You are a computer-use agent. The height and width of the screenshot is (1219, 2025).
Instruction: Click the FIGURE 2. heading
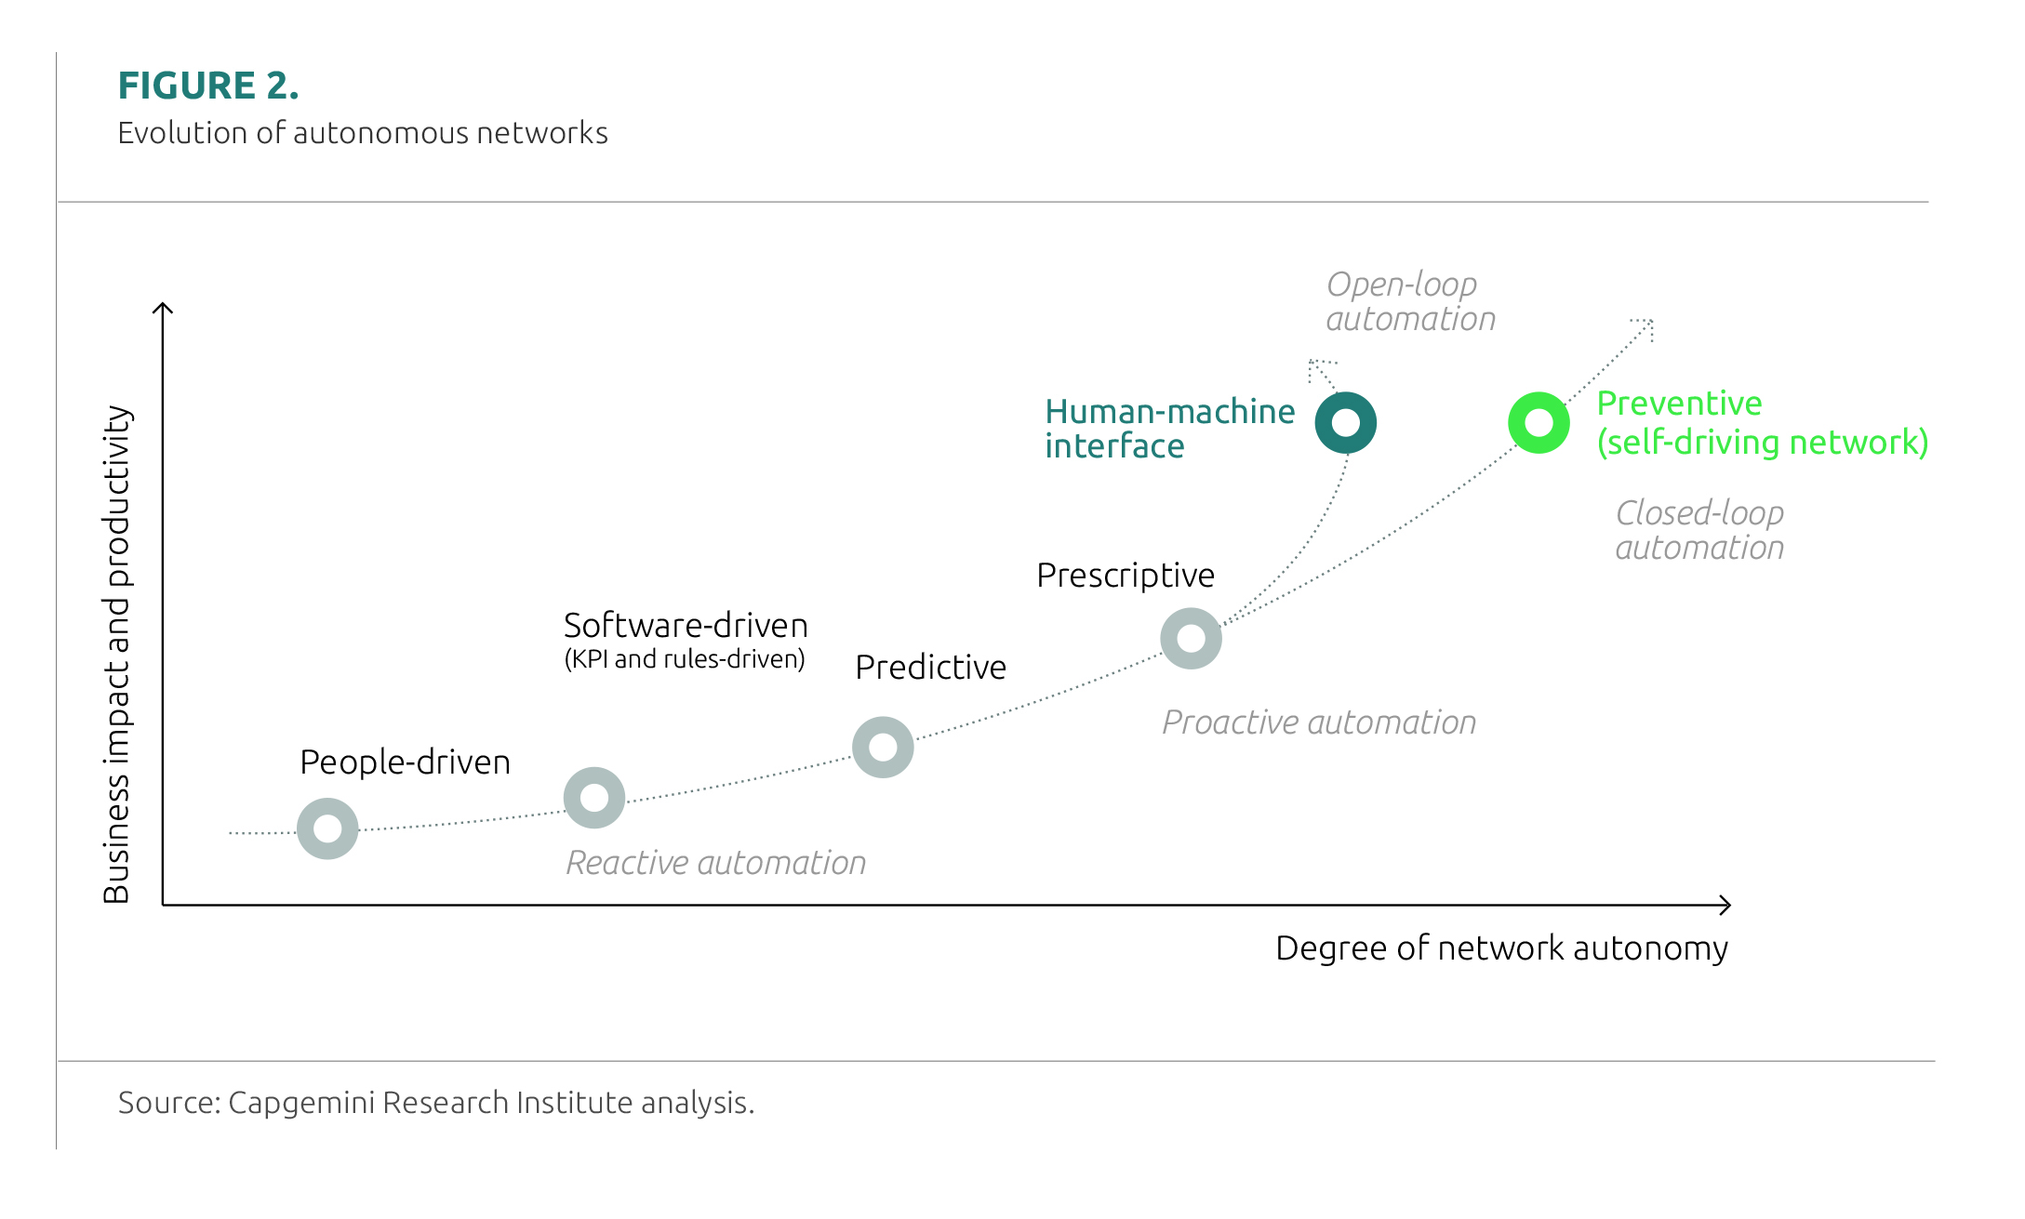tap(208, 86)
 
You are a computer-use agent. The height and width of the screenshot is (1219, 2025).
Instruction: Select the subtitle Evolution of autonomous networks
tap(362, 133)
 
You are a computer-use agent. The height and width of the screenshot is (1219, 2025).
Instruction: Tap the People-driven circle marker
tap(327, 828)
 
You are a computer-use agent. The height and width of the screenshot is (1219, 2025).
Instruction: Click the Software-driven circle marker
tap(594, 797)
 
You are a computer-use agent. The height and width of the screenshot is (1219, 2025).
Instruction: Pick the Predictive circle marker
tap(883, 747)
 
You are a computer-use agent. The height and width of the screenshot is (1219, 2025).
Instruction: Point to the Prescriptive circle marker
tap(1191, 638)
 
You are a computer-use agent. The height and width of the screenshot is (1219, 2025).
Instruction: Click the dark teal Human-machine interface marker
tap(1345, 423)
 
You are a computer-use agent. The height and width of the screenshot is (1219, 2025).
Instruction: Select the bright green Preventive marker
tap(1539, 423)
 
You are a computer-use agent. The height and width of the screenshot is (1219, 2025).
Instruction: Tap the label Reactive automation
tap(715, 863)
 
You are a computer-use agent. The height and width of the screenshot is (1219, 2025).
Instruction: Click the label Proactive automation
tap(1318, 722)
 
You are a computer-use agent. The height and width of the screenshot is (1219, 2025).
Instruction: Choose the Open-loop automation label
tap(1409, 301)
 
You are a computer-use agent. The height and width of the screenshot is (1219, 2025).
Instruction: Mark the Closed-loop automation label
tap(1699, 530)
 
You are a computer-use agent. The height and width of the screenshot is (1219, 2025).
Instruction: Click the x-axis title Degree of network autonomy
tap(1500, 948)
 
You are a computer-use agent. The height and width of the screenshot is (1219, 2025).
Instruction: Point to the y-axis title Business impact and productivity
tap(117, 654)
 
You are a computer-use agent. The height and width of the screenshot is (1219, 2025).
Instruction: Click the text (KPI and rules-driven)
tap(684, 659)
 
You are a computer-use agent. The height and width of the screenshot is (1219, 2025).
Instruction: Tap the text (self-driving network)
tap(1762, 443)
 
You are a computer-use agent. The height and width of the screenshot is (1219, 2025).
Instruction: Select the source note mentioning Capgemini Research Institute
tap(435, 1103)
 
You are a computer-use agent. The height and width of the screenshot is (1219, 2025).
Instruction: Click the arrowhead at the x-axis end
tap(1725, 905)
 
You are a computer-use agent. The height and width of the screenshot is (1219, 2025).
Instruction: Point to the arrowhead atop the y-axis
tap(163, 308)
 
